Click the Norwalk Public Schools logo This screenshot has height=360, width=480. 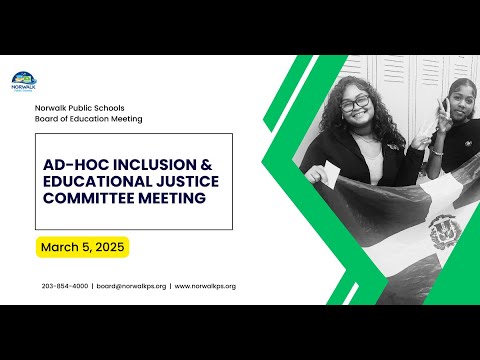pyautogui.click(x=24, y=82)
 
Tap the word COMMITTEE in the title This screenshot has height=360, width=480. pyautogui.click(x=88, y=198)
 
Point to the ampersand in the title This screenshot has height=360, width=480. pyautogui.click(x=207, y=165)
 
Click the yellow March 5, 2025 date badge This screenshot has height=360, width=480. pyautogui.click(x=82, y=247)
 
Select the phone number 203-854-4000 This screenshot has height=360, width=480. pyautogui.click(x=65, y=286)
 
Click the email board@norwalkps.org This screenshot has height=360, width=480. pyautogui.click(x=131, y=286)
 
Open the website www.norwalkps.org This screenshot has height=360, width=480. pyautogui.click(x=205, y=286)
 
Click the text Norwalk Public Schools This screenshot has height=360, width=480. pyautogui.click(x=80, y=108)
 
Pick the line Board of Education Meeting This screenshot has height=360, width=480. pyautogui.click(x=89, y=119)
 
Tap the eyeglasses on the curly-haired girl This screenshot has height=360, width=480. pyautogui.click(x=355, y=103)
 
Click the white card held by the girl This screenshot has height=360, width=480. pyautogui.click(x=332, y=173)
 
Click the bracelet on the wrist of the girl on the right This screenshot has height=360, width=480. pyautogui.click(x=437, y=152)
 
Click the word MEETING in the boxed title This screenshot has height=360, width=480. pyautogui.click(x=172, y=198)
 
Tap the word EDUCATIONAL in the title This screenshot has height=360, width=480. pyautogui.click(x=98, y=181)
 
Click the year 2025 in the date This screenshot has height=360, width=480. pyautogui.click(x=110, y=247)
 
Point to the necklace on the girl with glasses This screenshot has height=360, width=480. pyautogui.click(x=364, y=137)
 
